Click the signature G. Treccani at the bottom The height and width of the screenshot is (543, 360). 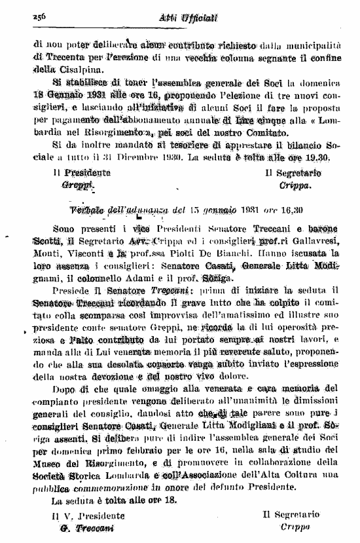82,529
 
